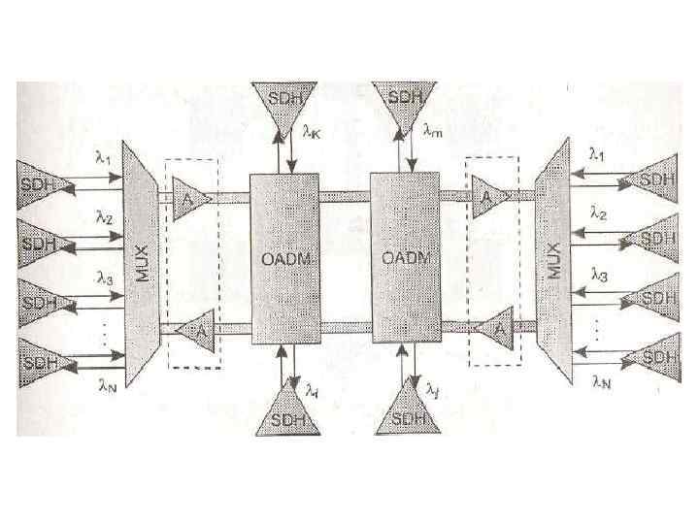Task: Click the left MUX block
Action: pos(142,261)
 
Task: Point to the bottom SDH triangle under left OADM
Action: pos(284,412)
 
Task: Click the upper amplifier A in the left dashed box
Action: pos(191,197)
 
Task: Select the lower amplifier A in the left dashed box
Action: pos(199,330)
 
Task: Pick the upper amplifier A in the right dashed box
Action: pos(488,196)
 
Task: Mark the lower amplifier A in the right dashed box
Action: pos(496,329)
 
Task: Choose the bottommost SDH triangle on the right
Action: pos(656,356)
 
